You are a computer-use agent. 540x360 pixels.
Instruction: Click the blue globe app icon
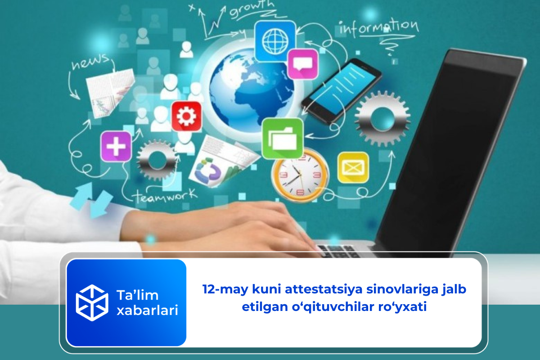point(274,42)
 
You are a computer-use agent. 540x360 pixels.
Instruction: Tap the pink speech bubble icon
point(302,65)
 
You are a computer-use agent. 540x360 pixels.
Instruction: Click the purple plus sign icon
point(116,146)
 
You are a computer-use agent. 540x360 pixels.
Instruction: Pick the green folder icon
point(282,138)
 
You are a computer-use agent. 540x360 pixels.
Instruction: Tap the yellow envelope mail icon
point(353,167)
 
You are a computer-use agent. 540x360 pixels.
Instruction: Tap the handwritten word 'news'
point(90,63)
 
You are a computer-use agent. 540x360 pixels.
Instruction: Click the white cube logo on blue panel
point(92,302)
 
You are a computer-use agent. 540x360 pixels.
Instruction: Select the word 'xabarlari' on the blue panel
point(147,310)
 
